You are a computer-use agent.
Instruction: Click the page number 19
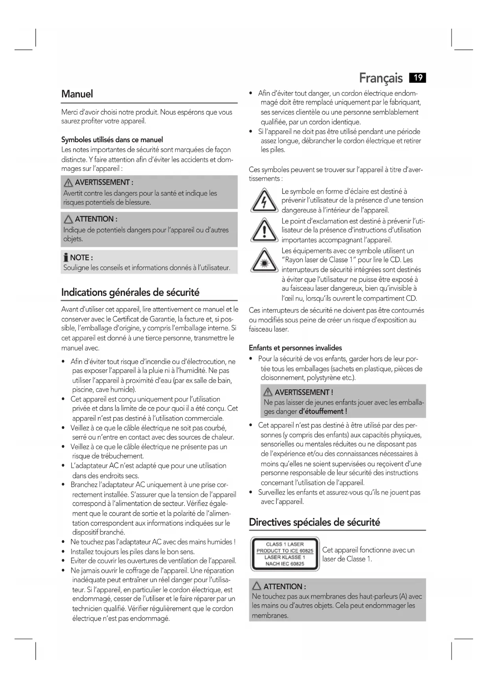click(x=418, y=78)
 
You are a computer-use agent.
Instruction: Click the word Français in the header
click(x=381, y=78)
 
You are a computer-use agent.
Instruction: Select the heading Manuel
click(x=77, y=94)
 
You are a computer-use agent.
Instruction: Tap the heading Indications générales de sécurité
click(x=130, y=292)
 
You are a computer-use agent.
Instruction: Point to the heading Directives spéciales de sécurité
click(x=314, y=522)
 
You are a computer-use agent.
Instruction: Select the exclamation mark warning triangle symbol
click(x=264, y=231)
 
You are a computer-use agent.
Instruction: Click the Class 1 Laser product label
click(x=285, y=554)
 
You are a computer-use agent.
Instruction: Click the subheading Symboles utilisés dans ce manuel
click(x=112, y=140)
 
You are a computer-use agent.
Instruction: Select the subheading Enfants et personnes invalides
click(x=295, y=348)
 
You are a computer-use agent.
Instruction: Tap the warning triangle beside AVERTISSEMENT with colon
click(x=69, y=183)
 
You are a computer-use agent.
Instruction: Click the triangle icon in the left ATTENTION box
click(x=69, y=219)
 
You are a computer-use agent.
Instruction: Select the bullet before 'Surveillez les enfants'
click(x=251, y=493)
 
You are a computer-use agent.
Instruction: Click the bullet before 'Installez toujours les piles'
click(x=64, y=552)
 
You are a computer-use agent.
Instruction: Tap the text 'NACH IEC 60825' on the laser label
click(x=285, y=564)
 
